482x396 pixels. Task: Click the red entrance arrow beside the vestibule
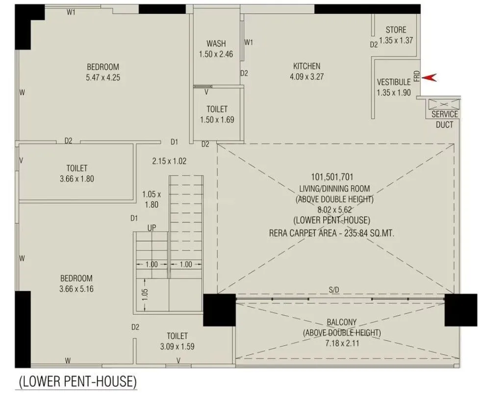(429, 77)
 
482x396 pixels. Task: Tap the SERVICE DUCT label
(444, 119)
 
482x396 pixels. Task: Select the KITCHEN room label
(306, 66)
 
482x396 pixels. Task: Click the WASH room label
(216, 44)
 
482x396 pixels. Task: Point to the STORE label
(396, 30)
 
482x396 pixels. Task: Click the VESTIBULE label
(393, 82)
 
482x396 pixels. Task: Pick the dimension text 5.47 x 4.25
(102, 77)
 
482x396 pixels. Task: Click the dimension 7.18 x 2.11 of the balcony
(342, 343)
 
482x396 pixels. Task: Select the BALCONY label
(342, 322)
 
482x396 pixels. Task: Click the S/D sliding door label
(334, 291)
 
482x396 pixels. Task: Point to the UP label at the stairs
(152, 228)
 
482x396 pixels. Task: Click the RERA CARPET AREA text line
(332, 234)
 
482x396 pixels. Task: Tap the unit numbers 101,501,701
(332, 177)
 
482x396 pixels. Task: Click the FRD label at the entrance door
(416, 76)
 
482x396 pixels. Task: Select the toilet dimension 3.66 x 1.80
(76, 179)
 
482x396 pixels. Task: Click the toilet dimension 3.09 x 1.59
(177, 346)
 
